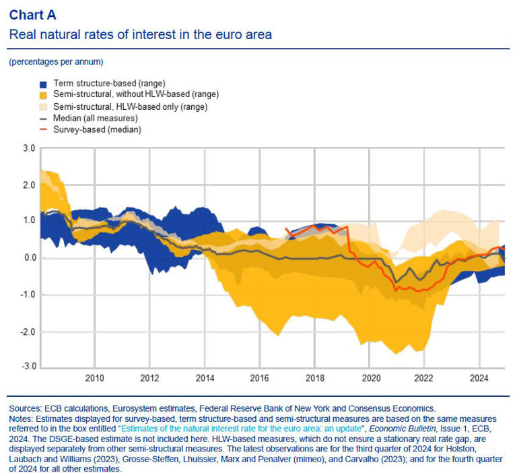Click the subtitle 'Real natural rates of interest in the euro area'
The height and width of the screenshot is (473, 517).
tap(140, 34)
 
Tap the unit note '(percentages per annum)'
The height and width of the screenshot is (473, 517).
tap(56, 62)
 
